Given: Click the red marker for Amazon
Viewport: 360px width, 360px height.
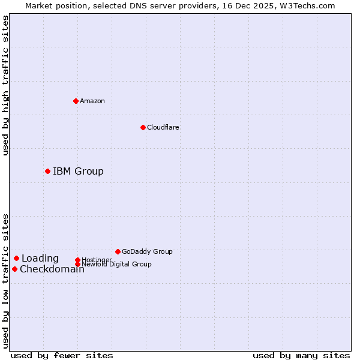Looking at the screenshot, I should (x=76, y=101).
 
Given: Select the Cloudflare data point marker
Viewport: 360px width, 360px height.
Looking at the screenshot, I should (x=143, y=127).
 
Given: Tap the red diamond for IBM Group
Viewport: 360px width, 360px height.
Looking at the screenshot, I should (x=47, y=171).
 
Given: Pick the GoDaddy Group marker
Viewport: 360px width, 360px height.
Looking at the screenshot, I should (x=118, y=251).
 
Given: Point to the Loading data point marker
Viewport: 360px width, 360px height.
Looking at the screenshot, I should (x=16, y=258).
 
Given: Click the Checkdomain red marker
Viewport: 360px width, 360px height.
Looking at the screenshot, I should (x=14, y=269).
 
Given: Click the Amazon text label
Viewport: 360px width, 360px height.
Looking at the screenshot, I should (x=92, y=101).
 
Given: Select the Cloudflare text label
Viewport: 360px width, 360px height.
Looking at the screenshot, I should (x=163, y=127).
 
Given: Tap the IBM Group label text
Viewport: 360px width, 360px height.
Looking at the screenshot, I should (x=78, y=172).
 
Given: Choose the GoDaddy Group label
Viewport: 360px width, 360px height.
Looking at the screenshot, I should (x=147, y=251).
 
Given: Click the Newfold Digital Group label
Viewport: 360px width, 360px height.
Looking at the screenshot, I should (x=116, y=264).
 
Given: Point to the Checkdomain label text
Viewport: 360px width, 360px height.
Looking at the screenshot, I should (x=52, y=269).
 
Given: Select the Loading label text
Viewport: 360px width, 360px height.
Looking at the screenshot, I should (x=40, y=259).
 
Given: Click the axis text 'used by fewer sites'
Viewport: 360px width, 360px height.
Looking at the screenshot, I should (x=62, y=355).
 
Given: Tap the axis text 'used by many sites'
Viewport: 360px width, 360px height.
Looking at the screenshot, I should (x=301, y=355).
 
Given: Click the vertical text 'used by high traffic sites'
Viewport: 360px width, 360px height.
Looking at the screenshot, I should (x=6, y=85).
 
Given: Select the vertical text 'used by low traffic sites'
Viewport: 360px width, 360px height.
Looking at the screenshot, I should (x=6, y=281).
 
